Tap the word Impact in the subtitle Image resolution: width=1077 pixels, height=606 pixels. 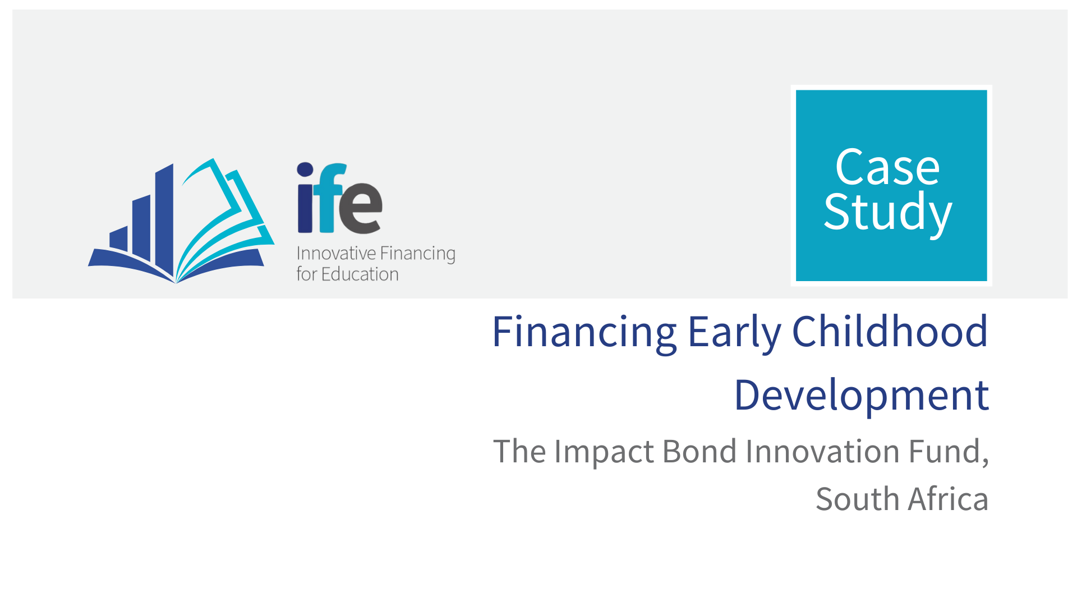[x=604, y=452]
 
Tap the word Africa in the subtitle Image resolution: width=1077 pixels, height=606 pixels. [x=949, y=499]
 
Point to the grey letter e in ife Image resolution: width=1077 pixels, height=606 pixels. [x=361, y=208]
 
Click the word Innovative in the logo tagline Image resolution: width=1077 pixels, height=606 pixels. [x=336, y=253]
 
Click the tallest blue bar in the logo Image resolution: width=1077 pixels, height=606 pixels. [x=164, y=219]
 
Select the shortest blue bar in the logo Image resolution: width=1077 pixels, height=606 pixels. [x=118, y=239]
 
